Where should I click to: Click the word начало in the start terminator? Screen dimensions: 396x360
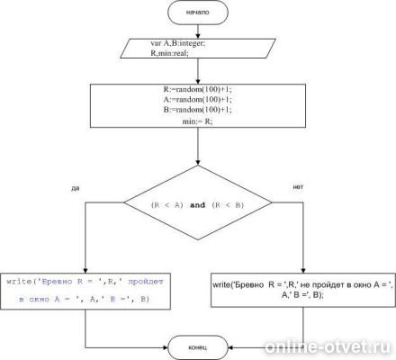[x=197, y=13]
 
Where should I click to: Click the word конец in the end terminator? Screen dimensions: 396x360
[x=197, y=347]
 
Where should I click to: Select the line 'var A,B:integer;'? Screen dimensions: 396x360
[x=178, y=43]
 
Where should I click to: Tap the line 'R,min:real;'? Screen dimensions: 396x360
[x=169, y=53]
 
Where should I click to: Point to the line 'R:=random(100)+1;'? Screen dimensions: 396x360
[x=198, y=89]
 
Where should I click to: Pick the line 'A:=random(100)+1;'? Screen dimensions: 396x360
[x=198, y=99]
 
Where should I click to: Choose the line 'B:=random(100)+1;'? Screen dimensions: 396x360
[x=198, y=110]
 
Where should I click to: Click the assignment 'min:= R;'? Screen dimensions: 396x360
[x=197, y=121]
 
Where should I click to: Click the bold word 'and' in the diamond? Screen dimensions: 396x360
[x=197, y=205]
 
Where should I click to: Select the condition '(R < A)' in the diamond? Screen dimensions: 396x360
[x=167, y=205]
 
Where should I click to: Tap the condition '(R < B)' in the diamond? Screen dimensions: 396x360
[x=228, y=205]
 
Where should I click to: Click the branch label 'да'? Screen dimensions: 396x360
[x=76, y=189]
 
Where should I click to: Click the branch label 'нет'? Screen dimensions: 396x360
[x=298, y=187]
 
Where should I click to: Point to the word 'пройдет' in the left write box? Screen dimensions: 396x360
[x=146, y=282]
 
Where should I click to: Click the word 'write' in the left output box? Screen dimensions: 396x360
[x=19, y=282]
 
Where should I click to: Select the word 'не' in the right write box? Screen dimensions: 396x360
[x=305, y=284]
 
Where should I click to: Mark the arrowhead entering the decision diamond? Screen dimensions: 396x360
[x=198, y=162]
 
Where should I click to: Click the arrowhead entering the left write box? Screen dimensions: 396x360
[x=85, y=270]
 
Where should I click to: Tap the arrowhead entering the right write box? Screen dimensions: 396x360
[x=303, y=270]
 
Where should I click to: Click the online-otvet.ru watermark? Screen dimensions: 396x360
[x=328, y=347]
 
